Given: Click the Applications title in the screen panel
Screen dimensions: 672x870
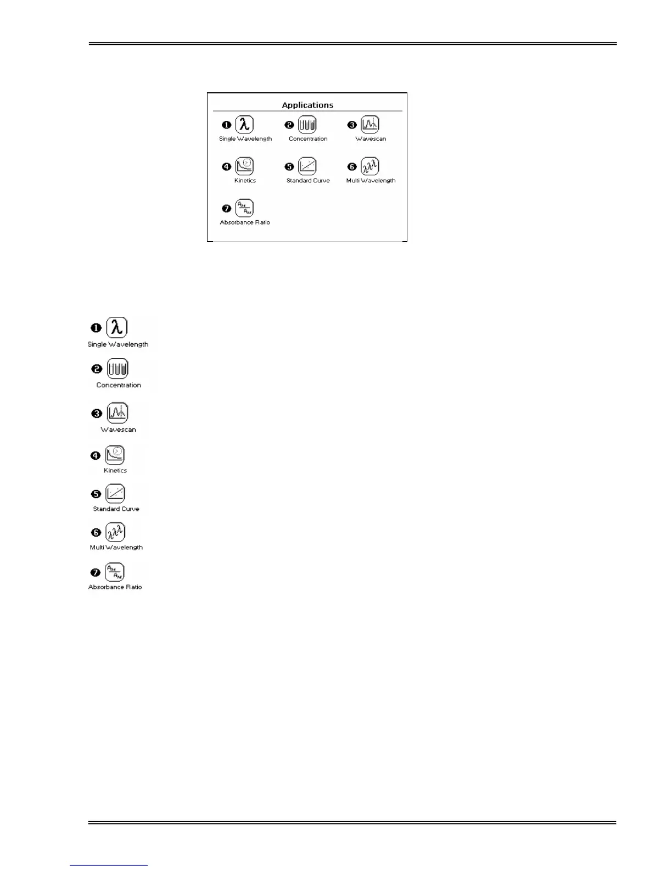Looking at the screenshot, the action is point(307,105).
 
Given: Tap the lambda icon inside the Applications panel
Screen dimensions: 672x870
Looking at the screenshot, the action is point(244,125).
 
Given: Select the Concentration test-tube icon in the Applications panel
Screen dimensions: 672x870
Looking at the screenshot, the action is point(307,125).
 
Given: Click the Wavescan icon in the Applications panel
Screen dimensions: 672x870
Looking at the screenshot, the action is point(370,125).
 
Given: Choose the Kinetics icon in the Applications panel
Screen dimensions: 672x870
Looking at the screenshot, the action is point(244,166).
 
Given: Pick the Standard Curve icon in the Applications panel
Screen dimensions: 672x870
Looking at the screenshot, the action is point(307,166).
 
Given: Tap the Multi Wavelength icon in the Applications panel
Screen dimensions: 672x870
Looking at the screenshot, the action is point(370,166).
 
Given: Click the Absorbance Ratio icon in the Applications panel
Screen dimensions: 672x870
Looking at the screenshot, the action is point(244,208).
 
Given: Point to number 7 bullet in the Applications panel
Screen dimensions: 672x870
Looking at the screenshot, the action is point(226,209).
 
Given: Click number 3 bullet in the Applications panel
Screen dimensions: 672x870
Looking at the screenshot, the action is point(352,125).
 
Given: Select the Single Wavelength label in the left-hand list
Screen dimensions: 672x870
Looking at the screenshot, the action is point(118,344).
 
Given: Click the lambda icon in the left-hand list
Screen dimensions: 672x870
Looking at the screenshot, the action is point(116,327).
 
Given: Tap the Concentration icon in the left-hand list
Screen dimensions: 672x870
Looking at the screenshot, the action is point(117,369).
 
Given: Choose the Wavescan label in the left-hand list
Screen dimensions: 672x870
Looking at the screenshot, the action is point(118,430).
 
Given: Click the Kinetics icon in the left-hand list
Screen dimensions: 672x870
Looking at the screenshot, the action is point(115,455).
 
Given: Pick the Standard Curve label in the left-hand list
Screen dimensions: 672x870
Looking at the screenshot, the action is point(116,509).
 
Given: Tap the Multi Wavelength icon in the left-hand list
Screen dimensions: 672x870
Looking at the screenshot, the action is point(115,532).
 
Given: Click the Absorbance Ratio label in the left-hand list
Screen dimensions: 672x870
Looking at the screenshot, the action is point(115,587).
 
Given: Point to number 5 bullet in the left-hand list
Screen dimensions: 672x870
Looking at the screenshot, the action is point(96,494).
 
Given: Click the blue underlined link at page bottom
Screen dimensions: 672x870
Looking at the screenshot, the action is point(109,865).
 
